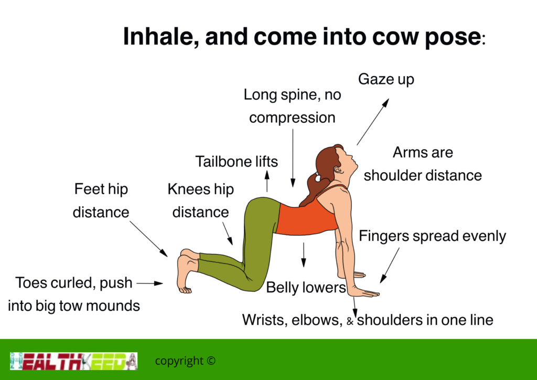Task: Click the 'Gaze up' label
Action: pos(386,80)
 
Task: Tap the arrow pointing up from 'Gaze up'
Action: pos(373,122)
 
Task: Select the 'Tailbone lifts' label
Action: pos(237,162)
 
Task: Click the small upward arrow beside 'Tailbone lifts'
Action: pos(267,181)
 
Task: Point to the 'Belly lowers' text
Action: pos(306,288)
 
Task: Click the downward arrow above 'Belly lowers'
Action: pos(304,255)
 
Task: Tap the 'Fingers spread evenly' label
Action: pos(432,236)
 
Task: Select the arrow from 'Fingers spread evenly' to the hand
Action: pos(390,266)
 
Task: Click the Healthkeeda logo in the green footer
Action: pos(73,361)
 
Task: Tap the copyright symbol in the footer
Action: pos(211,361)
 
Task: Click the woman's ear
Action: pos(337,170)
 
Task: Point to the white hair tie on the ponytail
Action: pos(317,177)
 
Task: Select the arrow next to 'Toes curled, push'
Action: pos(149,283)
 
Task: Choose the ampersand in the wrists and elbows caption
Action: pos(350,321)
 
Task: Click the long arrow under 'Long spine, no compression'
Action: pos(293,158)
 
